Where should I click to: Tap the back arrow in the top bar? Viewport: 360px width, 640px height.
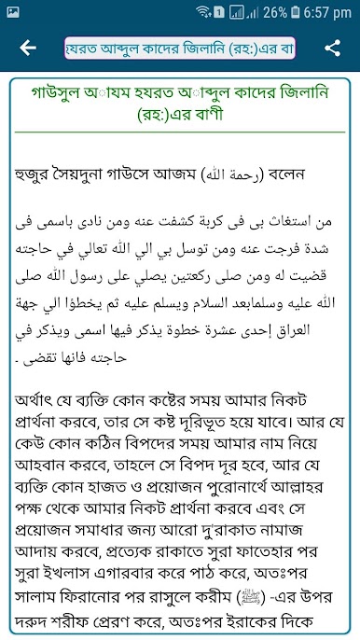27,48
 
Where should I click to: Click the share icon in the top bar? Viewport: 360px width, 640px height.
332,48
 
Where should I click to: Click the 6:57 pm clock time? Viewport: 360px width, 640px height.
328,13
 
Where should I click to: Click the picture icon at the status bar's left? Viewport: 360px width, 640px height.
13,13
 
